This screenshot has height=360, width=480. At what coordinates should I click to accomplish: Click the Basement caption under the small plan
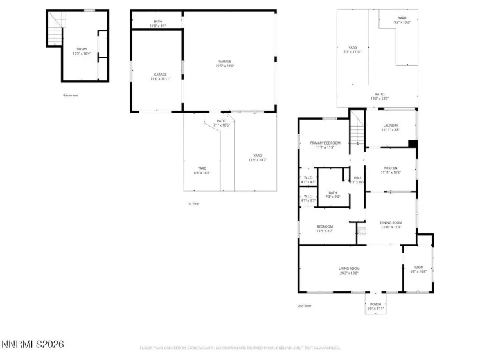point(71,95)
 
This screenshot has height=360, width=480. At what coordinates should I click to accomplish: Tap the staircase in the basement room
point(57,26)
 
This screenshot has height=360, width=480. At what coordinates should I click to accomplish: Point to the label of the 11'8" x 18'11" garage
point(159,76)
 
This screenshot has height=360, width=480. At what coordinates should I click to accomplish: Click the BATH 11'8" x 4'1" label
point(157,23)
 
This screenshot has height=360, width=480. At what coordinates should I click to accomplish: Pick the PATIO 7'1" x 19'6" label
point(221,123)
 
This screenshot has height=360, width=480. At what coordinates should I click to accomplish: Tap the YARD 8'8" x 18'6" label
point(202,170)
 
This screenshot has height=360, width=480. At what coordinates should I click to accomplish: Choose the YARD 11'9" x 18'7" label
point(257,157)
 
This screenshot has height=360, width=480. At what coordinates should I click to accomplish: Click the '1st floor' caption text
point(193,203)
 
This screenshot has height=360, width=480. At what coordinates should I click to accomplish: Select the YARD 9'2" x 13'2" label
point(402,20)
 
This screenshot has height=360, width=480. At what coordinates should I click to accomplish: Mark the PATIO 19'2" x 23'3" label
point(380,96)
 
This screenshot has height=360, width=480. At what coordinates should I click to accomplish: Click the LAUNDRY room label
point(390,127)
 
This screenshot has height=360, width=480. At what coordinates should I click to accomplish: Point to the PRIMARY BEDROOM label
point(324,145)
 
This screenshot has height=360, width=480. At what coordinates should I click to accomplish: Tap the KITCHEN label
point(390,170)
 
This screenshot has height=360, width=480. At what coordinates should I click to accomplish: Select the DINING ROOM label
point(390,224)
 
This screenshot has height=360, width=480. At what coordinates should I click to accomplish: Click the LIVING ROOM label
point(349,270)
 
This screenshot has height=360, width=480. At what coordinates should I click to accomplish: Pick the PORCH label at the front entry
point(375,306)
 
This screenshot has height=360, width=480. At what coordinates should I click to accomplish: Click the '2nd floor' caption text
point(304,306)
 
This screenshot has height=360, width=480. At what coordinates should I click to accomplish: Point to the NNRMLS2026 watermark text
point(32,345)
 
